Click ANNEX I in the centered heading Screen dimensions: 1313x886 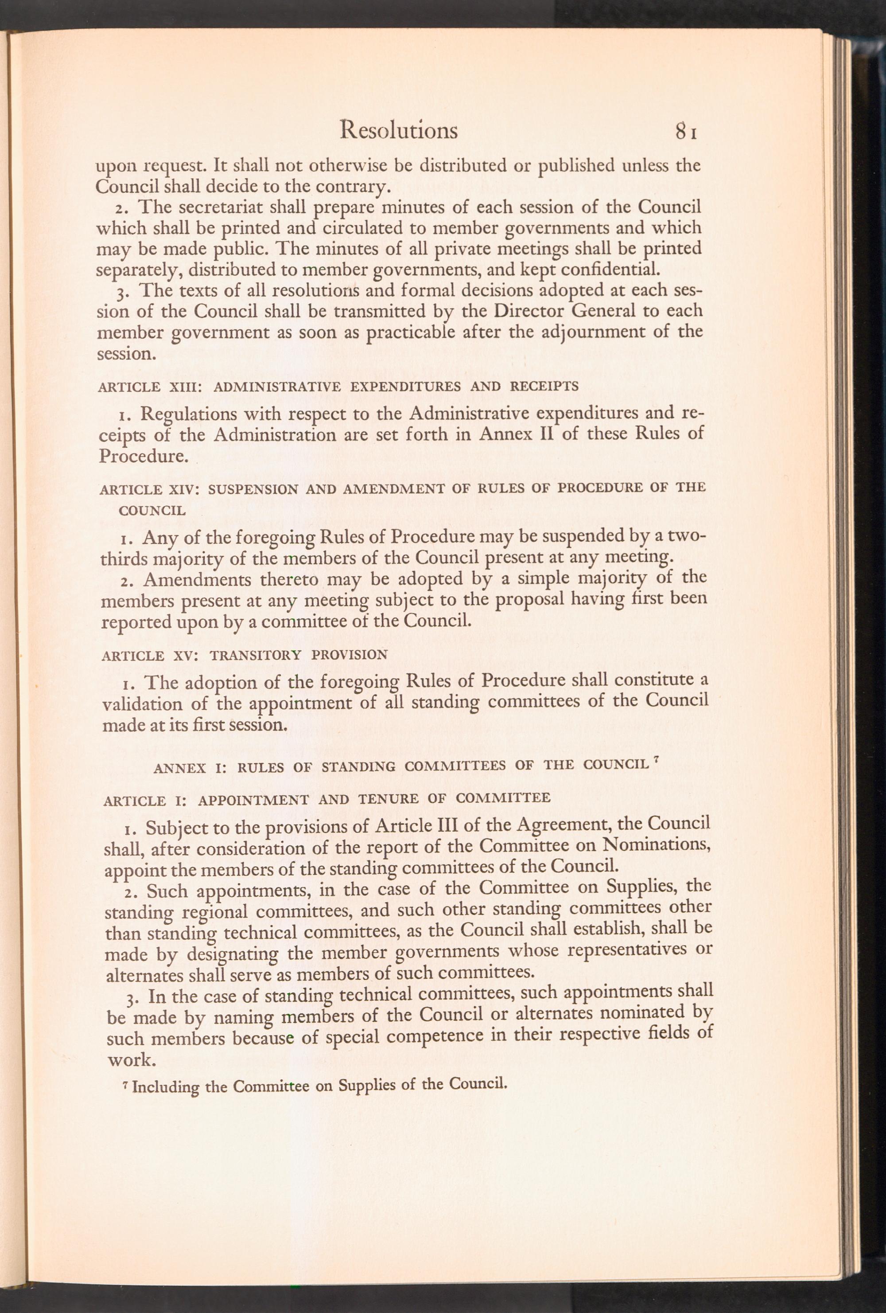click(x=189, y=767)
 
